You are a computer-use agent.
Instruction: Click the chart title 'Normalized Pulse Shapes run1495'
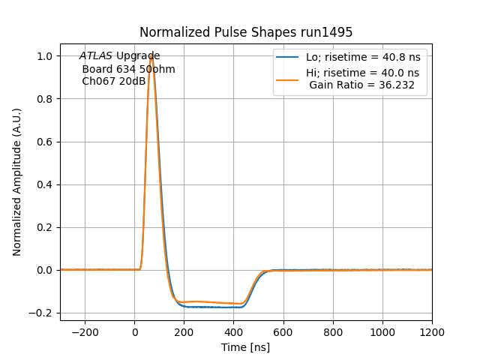pos(246,32)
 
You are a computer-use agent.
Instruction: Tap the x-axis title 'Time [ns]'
pos(246,347)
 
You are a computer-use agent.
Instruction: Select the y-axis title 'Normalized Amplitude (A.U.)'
pos(17,181)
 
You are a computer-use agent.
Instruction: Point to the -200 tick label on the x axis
pos(84,331)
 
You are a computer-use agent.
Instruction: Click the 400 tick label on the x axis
pos(233,331)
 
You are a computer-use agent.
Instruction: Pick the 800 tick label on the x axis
pos(332,331)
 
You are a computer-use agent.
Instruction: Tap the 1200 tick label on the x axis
pos(431,331)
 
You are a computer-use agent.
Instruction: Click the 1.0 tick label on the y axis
pos(44,56)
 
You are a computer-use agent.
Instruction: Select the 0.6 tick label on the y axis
pos(44,142)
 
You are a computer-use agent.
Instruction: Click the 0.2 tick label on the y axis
pos(44,227)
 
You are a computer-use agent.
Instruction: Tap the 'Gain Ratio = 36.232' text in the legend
pos(363,85)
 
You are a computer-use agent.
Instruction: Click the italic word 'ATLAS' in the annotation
pos(96,56)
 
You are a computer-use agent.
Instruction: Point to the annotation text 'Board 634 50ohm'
pos(128,69)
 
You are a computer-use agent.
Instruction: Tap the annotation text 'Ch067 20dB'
pos(114,81)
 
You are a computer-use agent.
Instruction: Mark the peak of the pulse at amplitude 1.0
pos(151,56)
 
